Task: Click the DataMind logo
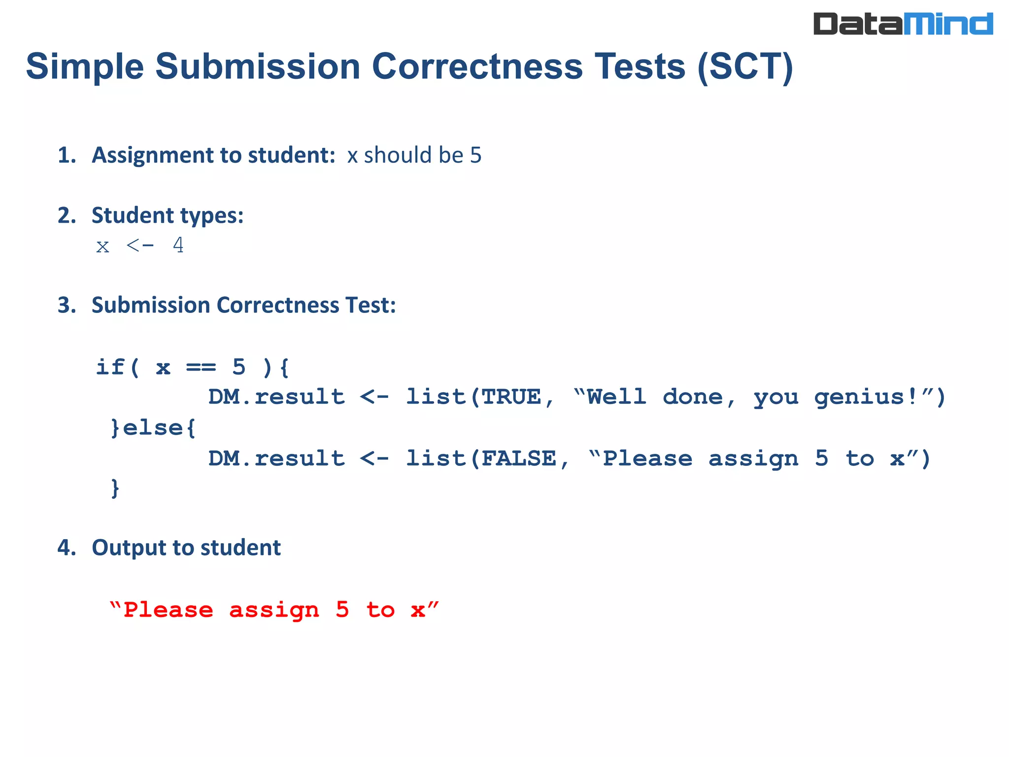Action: pos(903,24)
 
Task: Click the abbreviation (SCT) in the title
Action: pos(745,67)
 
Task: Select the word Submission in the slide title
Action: pos(258,67)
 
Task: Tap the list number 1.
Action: pos(66,155)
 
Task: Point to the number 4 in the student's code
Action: pos(178,245)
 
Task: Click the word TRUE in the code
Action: pos(511,397)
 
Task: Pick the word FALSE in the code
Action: pos(518,459)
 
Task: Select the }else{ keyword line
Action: pos(153,428)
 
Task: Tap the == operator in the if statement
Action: pos(201,367)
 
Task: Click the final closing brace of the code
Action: pos(115,488)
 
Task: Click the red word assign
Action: pos(274,610)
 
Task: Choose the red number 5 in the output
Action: pos(342,610)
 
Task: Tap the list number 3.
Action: pos(66,305)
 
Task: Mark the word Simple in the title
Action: pos(85,67)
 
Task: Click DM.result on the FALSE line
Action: pos(276,459)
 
